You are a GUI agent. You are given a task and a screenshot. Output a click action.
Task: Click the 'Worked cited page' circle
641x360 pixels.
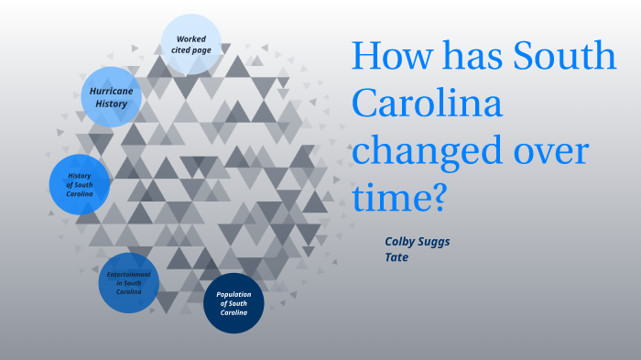click(190, 44)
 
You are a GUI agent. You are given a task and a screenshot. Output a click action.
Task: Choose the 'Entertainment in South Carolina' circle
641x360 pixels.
click(129, 283)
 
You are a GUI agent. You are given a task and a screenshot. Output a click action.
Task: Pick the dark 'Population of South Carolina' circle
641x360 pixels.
click(234, 303)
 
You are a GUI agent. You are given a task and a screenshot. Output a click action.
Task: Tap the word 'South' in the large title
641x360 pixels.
click(563, 58)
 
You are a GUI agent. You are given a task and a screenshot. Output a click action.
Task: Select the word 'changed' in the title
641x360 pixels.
click(432, 152)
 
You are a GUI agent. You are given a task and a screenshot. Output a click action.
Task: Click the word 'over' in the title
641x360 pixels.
click(556, 152)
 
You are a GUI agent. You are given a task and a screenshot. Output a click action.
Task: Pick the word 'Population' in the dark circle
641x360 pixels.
click(234, 294)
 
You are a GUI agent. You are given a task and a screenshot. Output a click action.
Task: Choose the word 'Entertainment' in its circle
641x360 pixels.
click(129, 274)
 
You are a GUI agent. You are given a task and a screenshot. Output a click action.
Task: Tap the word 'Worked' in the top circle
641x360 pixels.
click(190, 38)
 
